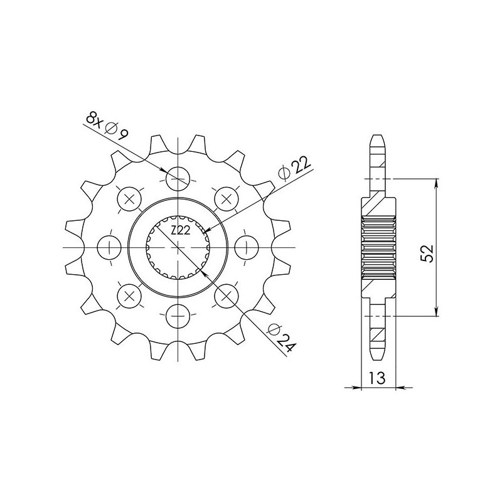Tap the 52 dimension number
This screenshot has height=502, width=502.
(427, 254)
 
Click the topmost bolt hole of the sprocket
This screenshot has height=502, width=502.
(179, 179)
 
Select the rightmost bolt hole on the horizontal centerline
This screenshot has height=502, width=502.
(246, 246)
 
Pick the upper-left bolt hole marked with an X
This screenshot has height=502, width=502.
(131, 199)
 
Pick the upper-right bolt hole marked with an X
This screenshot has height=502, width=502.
(227, 199)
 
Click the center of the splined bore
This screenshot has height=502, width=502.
(179, 247)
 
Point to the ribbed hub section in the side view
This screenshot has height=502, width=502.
(380, 247)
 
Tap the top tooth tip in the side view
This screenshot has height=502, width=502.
(380, 137)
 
